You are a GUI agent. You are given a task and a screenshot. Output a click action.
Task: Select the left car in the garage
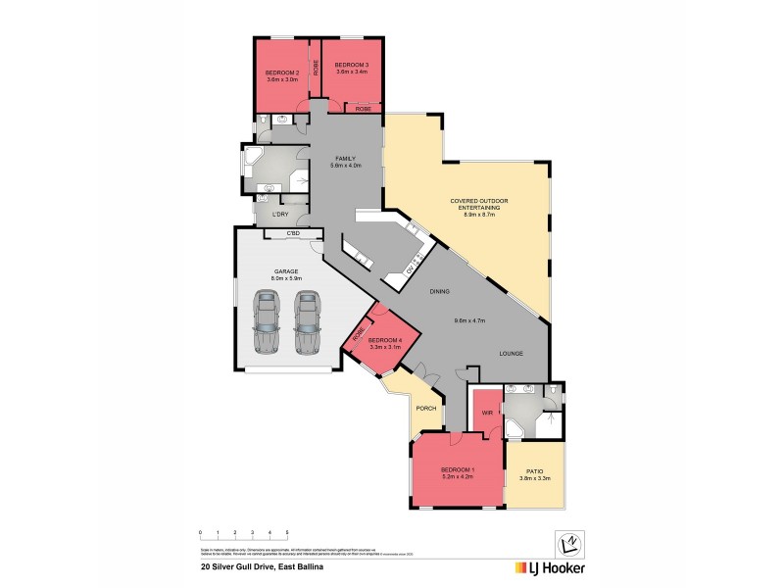tap(265, 320)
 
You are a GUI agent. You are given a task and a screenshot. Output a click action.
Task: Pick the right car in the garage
tap(308, 320)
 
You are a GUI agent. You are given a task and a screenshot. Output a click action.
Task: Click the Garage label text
tap(286, 271)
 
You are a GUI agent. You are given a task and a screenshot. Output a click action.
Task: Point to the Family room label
tap(344, 159)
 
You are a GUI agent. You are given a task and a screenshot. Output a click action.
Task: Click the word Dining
tap(438, 291)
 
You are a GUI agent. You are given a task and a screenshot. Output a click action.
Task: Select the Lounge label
tap(511, 353)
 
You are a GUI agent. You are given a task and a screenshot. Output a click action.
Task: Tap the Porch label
tap(426, 409)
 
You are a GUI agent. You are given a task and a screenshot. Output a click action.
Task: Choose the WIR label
tap(486, 414)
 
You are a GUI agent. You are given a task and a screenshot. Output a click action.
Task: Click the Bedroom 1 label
tap(458, 469)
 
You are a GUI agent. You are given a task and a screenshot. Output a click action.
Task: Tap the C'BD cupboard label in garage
tap(293, 234)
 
